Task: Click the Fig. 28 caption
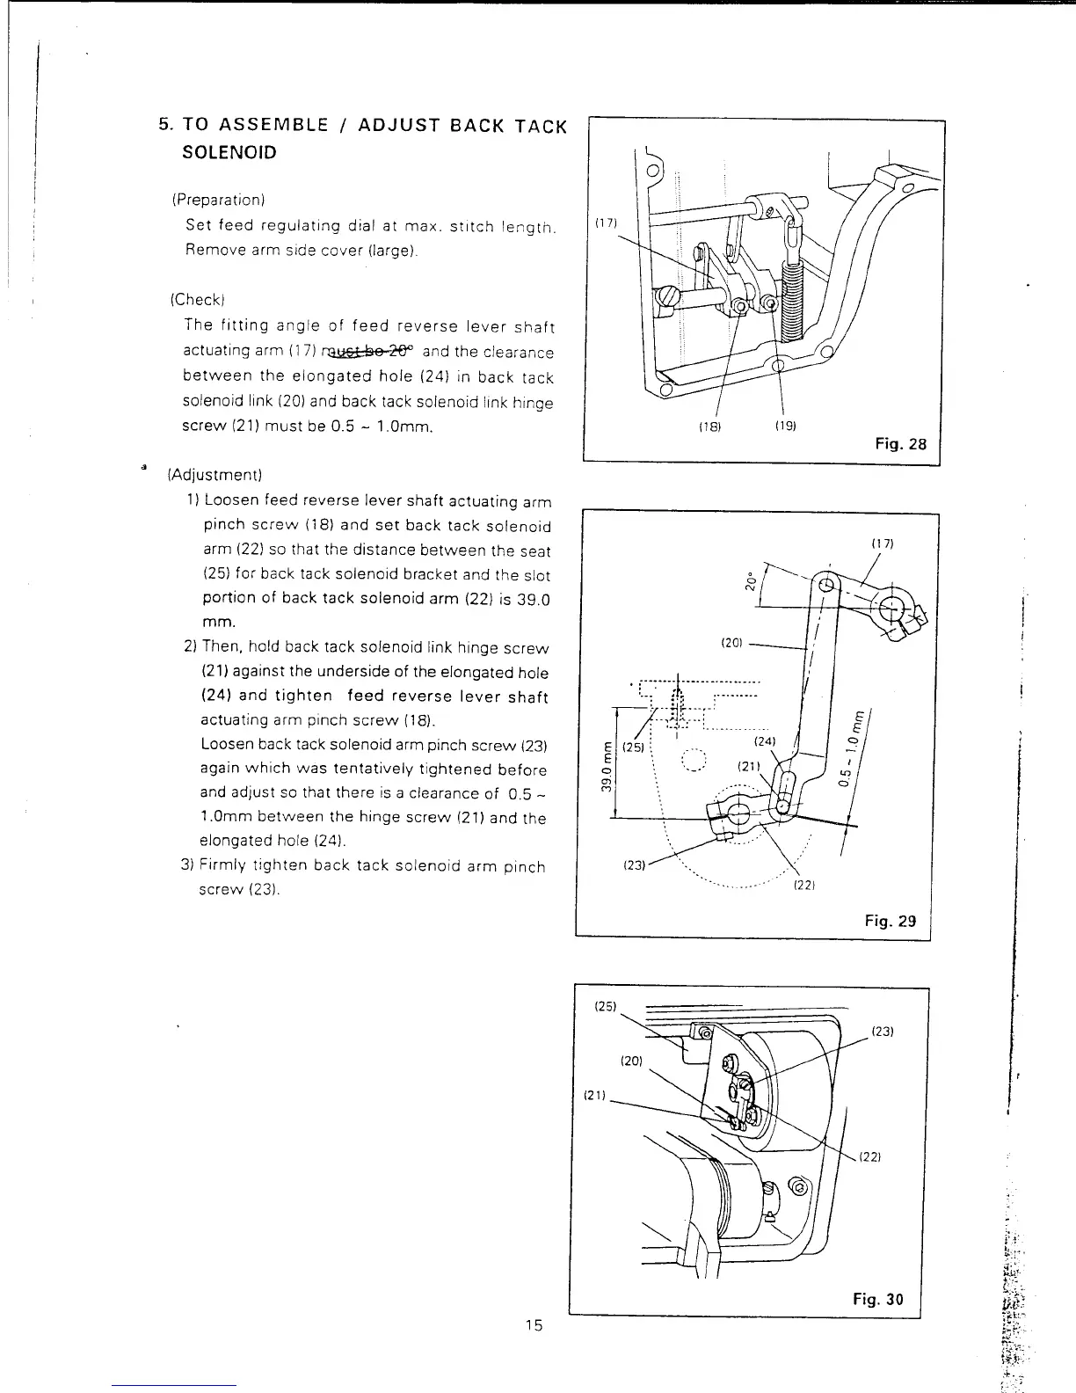pos(900,444)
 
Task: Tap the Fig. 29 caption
pos(890,921)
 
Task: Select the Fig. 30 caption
pos(877,1300)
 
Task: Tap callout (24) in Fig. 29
pos(765,741)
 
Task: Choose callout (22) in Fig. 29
pos(801,885)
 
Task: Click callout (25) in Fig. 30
pos(607,1005)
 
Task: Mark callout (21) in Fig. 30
pos(595,1095)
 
